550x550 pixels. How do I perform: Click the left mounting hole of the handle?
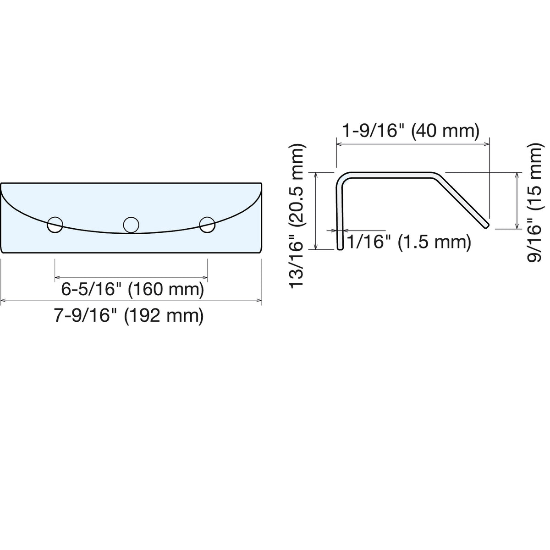55,225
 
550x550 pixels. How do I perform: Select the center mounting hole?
131,225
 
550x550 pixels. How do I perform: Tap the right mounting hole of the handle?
207,225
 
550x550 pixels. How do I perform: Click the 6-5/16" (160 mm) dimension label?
133,289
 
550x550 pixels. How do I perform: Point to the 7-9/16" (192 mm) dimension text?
129,316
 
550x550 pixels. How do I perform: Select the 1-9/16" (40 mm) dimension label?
411,131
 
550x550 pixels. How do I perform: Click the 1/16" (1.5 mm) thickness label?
409,242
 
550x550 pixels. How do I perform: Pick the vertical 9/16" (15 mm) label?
534,202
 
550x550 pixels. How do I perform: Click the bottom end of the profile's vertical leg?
340,248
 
